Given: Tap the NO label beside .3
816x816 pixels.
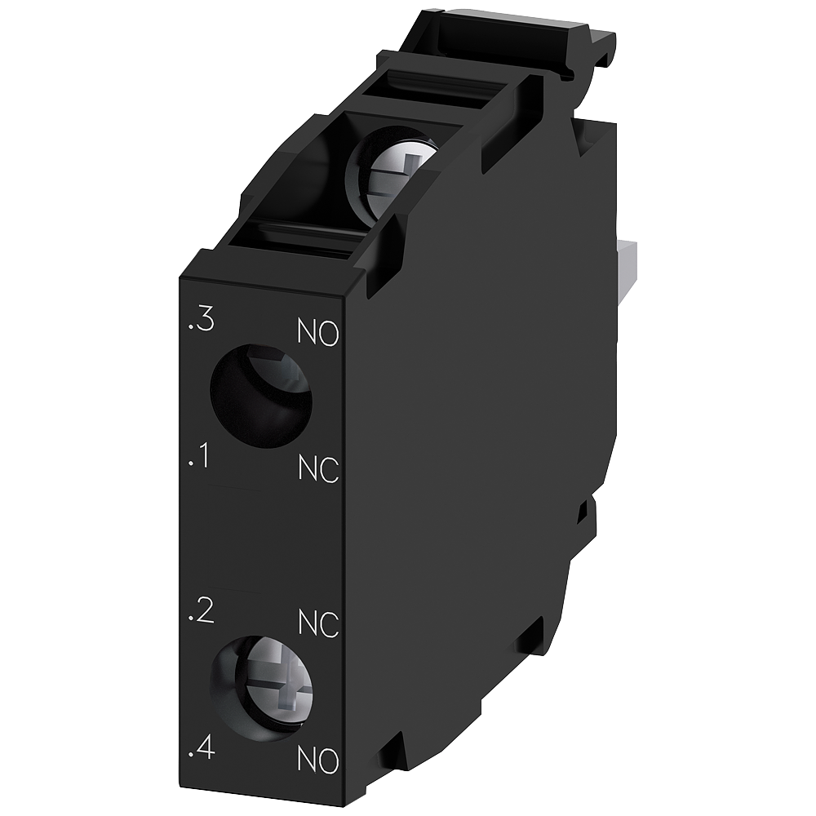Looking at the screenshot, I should [317, 334].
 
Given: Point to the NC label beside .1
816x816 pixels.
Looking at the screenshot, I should [318, 470].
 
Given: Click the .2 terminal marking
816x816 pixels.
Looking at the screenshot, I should [201, 611].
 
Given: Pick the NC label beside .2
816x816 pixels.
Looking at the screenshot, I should [318, 624].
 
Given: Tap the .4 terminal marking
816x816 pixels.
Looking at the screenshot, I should [201, 748].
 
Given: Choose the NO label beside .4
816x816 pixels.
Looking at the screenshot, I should [317, 761].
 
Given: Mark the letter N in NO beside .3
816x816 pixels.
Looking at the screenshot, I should [306, 333].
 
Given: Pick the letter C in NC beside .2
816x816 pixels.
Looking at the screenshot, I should [329, 625].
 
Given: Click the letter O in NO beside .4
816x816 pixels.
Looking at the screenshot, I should [328, 762].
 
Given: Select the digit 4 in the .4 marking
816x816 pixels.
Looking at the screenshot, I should [205, 748].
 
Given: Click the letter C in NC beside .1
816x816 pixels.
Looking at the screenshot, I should [329, 471].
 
